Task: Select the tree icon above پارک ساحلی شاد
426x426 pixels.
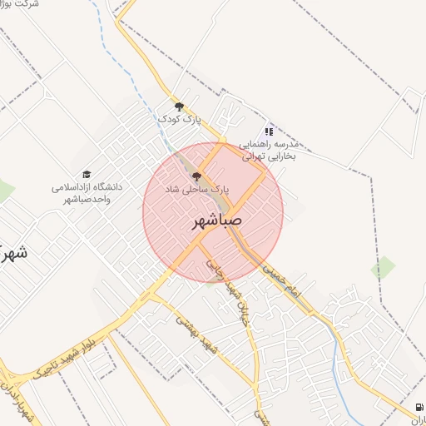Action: tap(196, 176)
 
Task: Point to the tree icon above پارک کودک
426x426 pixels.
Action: tap(178, 106)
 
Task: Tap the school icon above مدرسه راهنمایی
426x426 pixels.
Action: tap(268, 131)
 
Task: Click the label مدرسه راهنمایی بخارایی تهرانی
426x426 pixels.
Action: tap(270, 150)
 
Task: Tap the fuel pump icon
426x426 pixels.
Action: tap(417, 407)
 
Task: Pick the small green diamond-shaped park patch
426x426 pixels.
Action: tap(384, 268)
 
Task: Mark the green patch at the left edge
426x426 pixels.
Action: tap(5, 191)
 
